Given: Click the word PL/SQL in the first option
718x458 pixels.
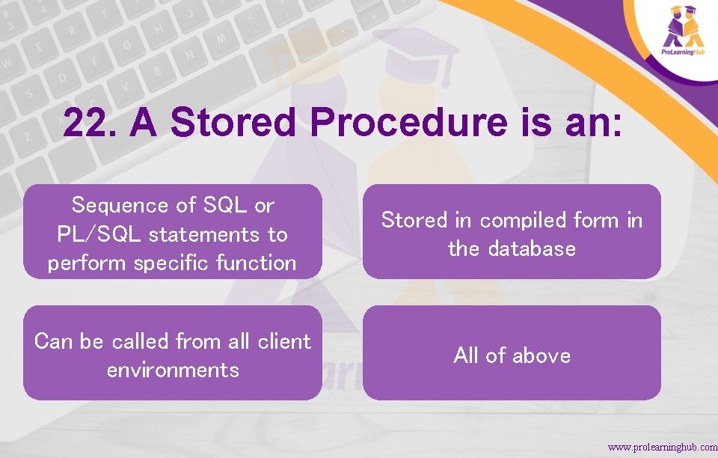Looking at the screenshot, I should pos(100,234).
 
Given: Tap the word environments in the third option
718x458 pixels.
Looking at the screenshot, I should pos(173,370).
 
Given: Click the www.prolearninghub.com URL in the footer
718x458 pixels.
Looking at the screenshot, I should pos(662,447).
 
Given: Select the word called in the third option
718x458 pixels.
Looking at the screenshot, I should pos(140,341).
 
